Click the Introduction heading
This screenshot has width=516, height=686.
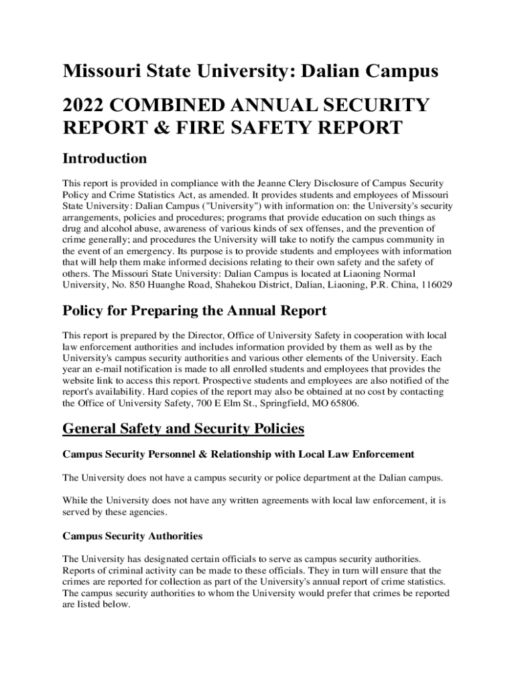105,159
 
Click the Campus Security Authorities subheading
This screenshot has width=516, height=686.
133,537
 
